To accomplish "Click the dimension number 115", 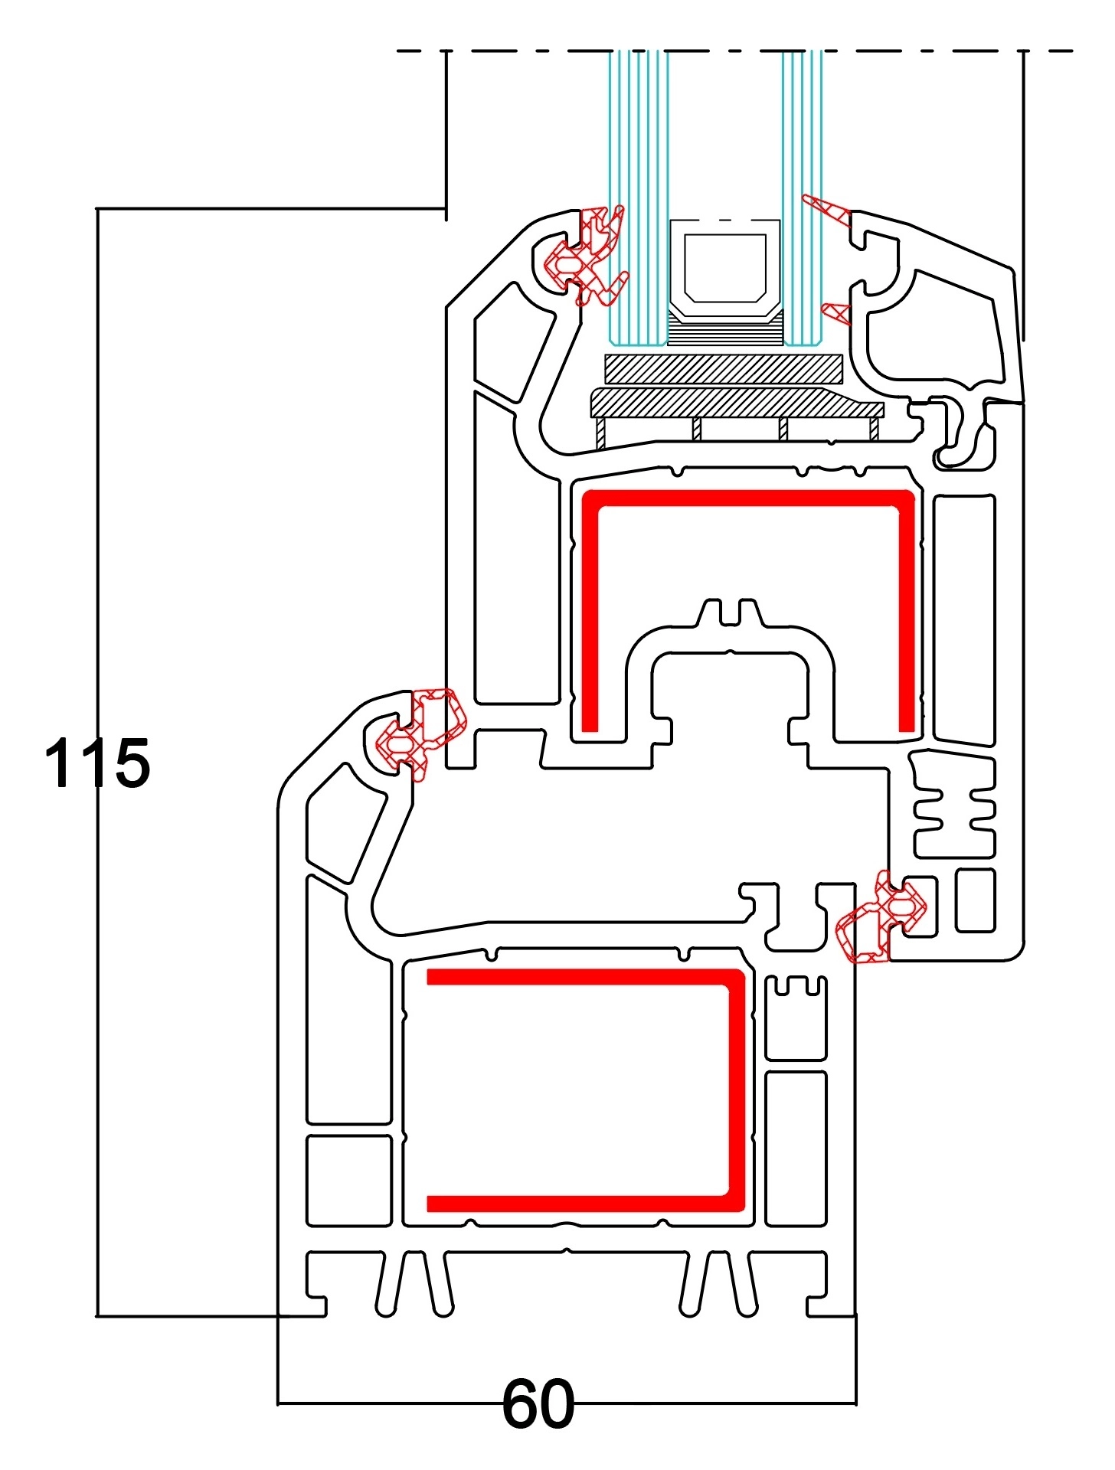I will [x=97, y=763].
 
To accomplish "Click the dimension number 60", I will [x=538, y=1404].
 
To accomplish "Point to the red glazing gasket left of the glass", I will [x=590, y=256].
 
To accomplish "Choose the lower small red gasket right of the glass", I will [x=836, y=312].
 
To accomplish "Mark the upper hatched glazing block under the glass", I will [x=724, y=368].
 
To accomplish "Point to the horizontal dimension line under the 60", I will [x=383, y=1404].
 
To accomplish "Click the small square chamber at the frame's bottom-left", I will [x=349, y=1180].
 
